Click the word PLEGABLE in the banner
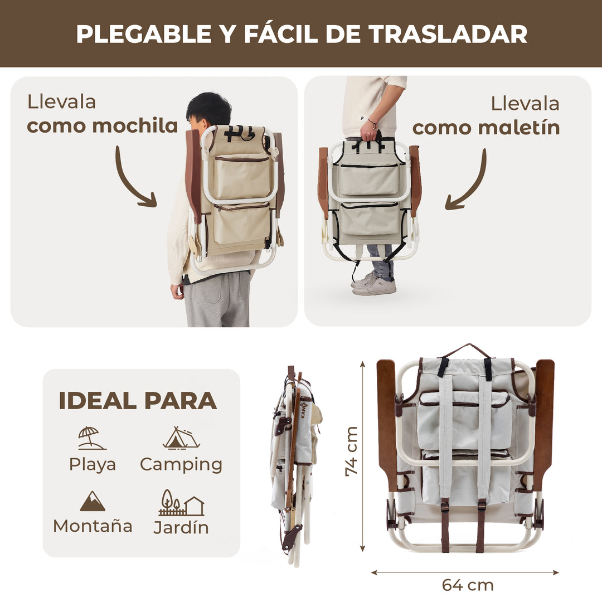pyautogui.click(x=144, y=34)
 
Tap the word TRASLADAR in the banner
pyautogui.click(x=448, y=34)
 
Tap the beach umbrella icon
pyautogui.click(x=91, y=438)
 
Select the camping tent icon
pyautogui.click(x=181, y=438)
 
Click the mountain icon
pyautogui.click(x=93, y=501)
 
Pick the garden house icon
pyautogui.click(x=181, y=503)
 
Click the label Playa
pyautogui.click(x=93, y=465)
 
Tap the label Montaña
pyautogui.click(x=93, y=526)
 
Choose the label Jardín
pyautogui.click(x=181, y=527)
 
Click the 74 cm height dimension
pyautogui.click(x=351, y=452)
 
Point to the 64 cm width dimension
pyautogui.click(x=468, y=585)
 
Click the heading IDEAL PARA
pyautogui.click(x=138, y=401)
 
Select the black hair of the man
pyautogui.click(x=208, y=106)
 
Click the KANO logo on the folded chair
pyautogui.click(x=304, y=410)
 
